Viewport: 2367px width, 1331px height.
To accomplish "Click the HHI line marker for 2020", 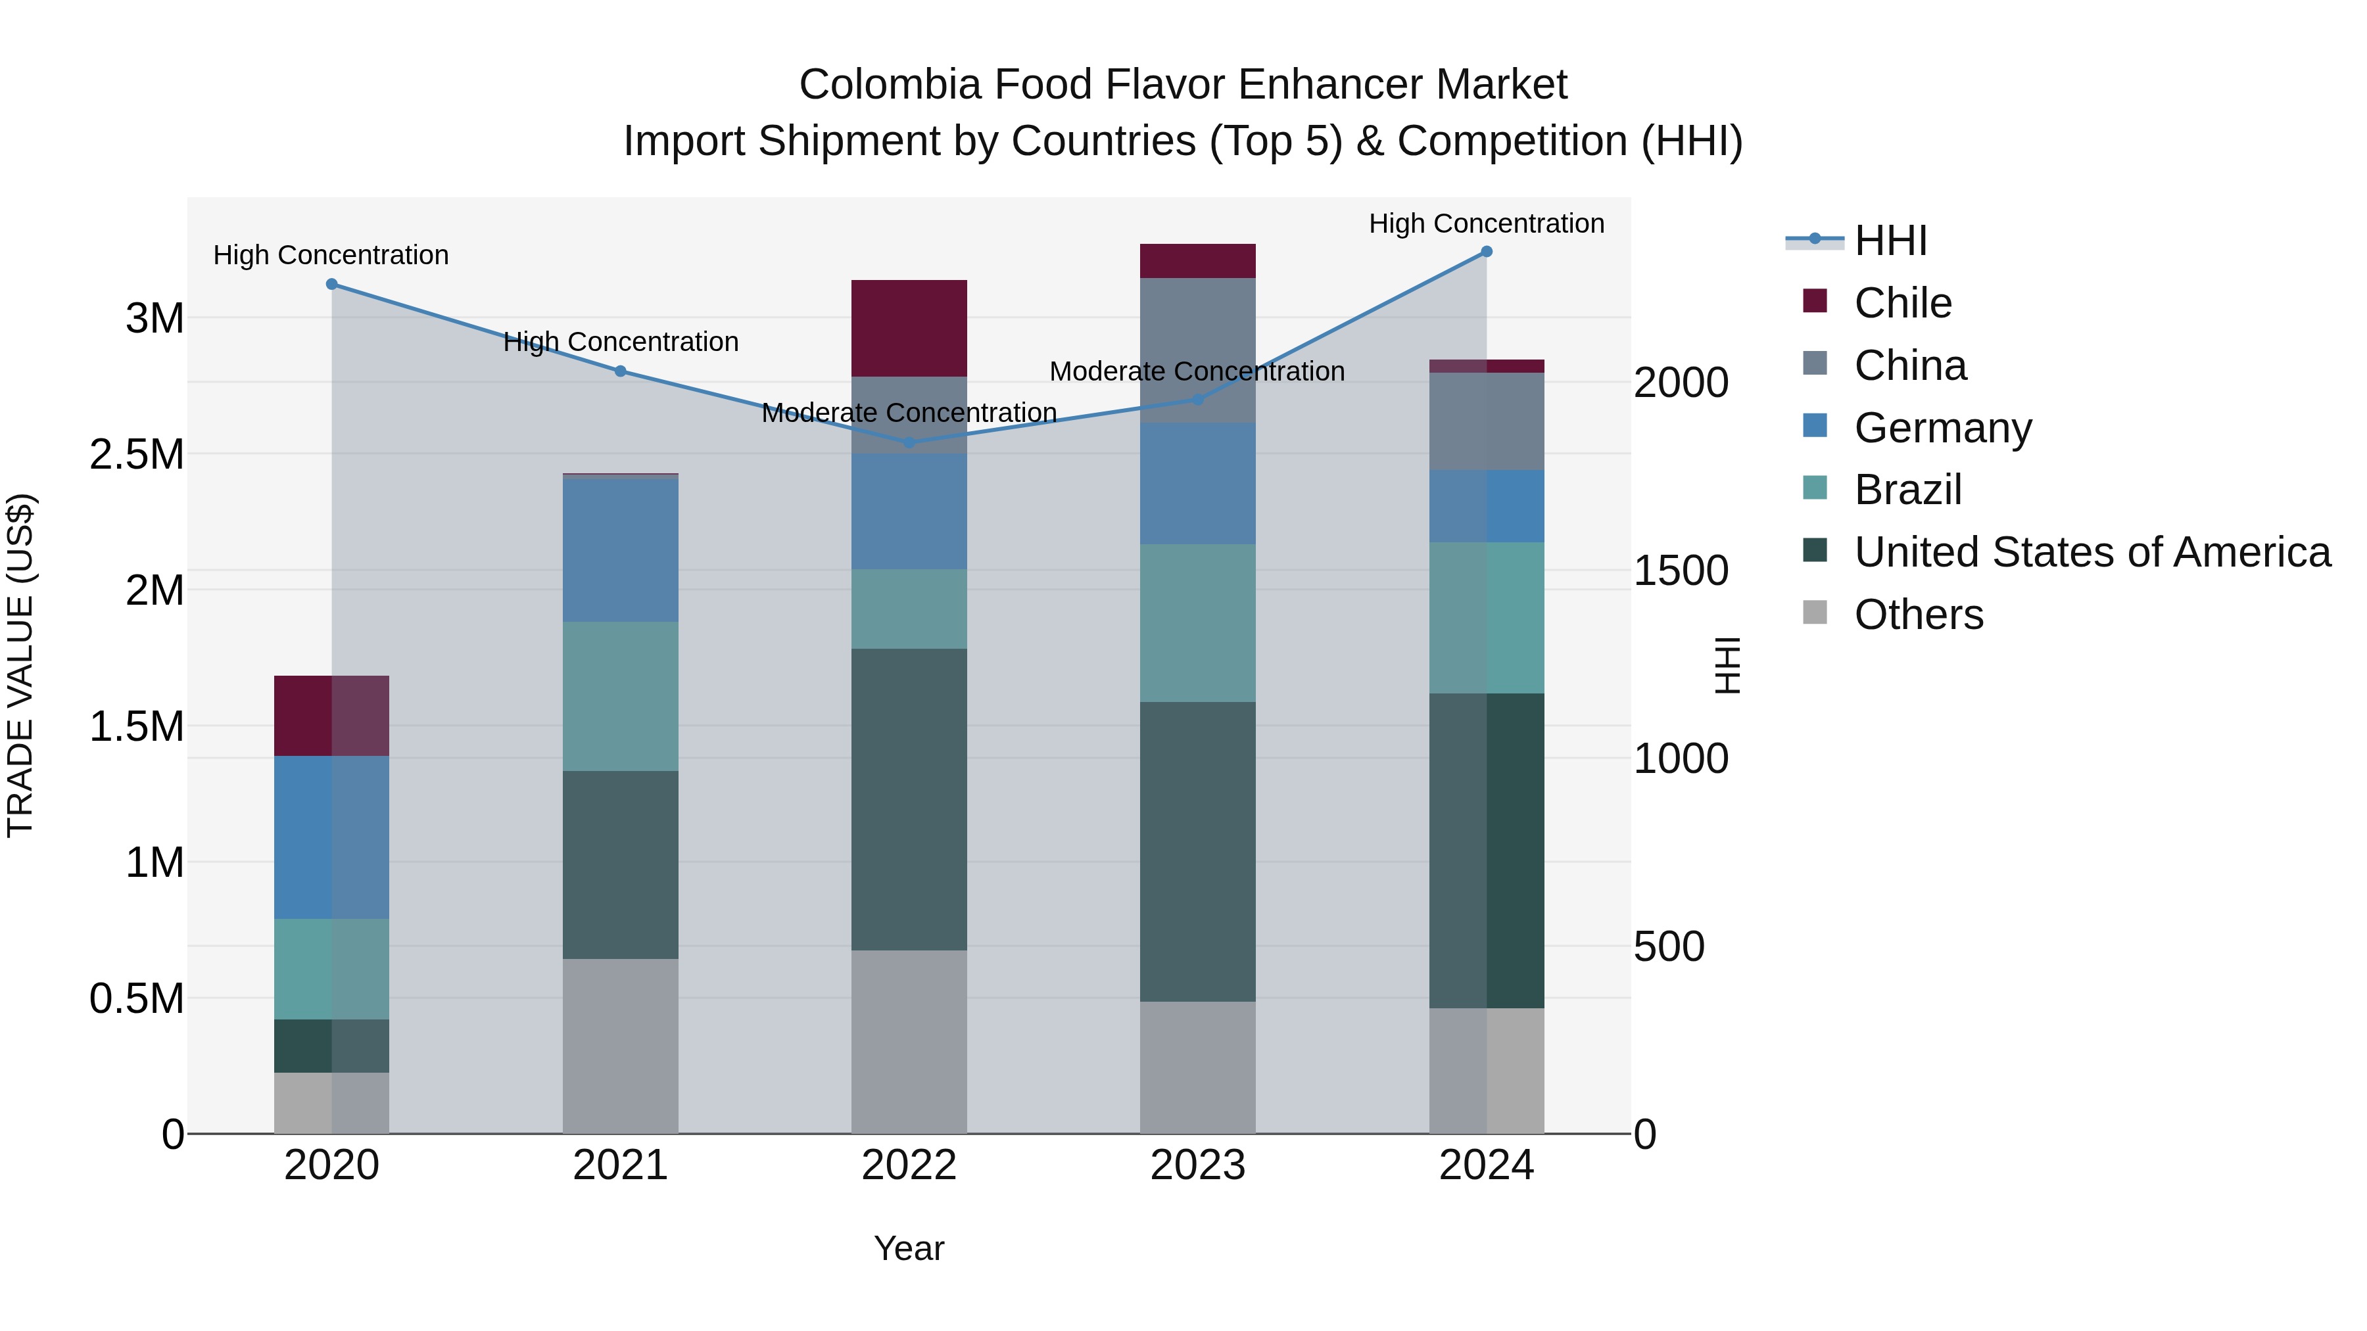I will coord(332,285).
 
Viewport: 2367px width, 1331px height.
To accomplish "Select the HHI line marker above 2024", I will coord(1486,252).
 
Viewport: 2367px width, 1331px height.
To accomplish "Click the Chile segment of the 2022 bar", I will coord(909,328).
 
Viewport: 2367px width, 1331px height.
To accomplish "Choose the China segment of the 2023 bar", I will coord(1197,349).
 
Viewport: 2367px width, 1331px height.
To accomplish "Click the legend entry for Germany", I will coord(1942,428).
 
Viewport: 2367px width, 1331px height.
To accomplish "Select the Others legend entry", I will coord(1918,615).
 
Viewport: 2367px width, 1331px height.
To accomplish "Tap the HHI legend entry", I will coord(1890,241).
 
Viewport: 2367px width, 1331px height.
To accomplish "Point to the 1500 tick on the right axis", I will coord(1681,571).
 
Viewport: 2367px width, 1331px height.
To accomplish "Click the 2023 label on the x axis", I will coord(1197,1165).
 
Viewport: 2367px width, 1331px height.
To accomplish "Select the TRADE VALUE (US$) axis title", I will coord(20,665).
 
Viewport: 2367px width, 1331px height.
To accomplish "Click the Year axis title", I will coord(909,1248).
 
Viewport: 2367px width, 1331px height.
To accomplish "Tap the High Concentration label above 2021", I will coord(620,342).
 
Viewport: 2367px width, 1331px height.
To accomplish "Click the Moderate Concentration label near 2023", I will coord(1197,372).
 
